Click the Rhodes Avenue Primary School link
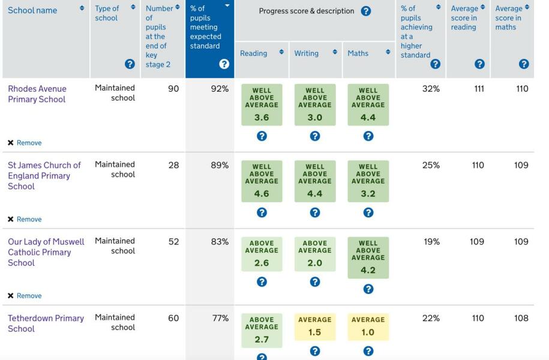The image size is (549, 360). point(37,94)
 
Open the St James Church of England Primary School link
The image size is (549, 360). point(44,176)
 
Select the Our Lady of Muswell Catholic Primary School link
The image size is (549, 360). point(46,252)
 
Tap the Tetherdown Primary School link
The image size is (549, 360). point(46,323)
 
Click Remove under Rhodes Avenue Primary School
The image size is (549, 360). point(29,143)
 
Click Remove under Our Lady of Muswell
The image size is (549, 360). point(29,296)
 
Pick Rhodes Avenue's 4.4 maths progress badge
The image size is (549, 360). point(368,105)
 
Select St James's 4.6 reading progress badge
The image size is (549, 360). point(262,181)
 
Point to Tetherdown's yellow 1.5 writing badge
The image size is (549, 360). point(314,327)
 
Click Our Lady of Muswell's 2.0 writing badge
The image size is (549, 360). point(314,254)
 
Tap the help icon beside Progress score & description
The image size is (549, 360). point(365,11)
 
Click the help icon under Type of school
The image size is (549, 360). point(129,64)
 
